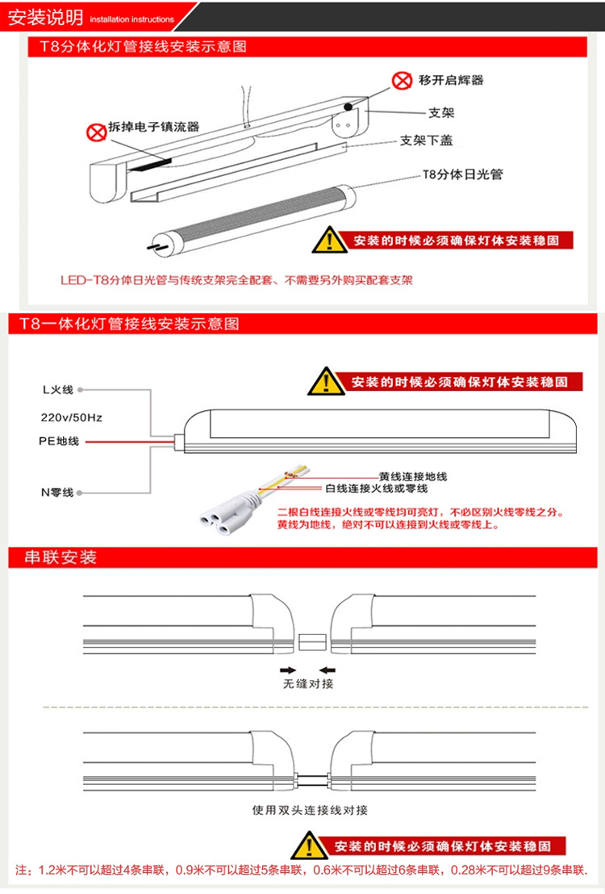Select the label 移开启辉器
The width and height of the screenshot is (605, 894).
click(451, 80)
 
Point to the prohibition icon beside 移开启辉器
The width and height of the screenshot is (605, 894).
click(402, 80)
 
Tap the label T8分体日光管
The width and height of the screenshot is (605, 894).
click(462, 174)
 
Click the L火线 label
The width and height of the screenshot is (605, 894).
click(58, 390)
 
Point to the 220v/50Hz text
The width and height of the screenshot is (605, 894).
click(71, 418)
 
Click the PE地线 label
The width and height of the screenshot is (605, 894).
click(59, 442)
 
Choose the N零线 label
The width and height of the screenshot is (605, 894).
click(57, 492)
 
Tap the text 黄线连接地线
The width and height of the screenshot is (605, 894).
click(412, 476)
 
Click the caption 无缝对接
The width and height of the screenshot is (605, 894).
click(307, 684)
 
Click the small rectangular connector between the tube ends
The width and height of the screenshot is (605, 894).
click(311, 642)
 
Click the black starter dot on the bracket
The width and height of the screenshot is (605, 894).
click(348, 107)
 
